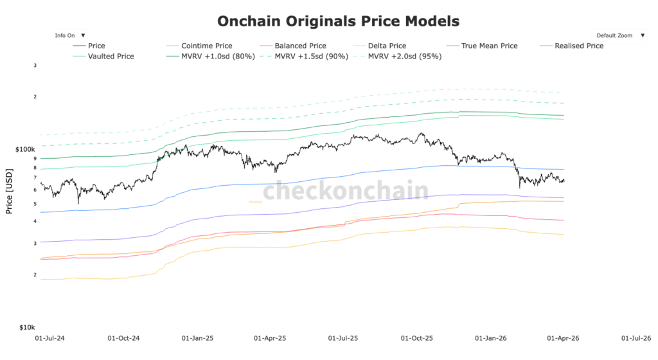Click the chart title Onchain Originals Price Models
(338, 21)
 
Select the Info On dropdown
(70, 36)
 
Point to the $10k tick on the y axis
(26, 327)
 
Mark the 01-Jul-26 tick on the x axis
(636, 337)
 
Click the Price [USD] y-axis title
(9, 192)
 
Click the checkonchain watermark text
(345, 191)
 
